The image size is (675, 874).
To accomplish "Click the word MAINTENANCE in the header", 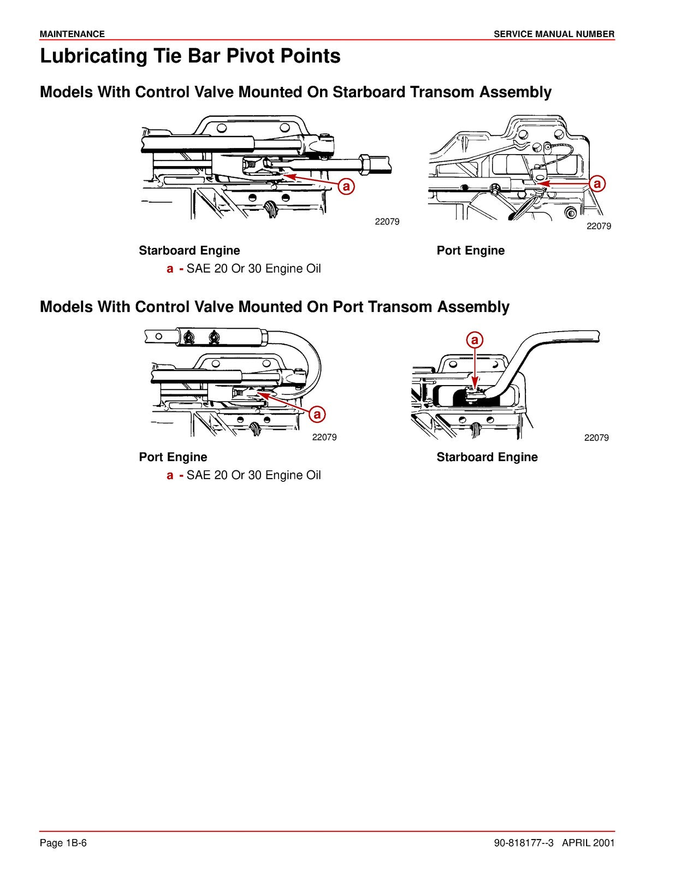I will pyautogui.click(x=72, y=34).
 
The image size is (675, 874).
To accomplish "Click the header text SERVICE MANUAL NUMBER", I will pyautogui.click(x=554, y=34).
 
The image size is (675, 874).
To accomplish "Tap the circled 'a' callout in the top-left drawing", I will pyautogui.click(x=346, y=186).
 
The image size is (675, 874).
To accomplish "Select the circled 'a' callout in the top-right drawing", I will pyautogui.click(x=597, y=184).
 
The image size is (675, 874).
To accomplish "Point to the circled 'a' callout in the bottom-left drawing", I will pyautogui.click(x=317, y=415).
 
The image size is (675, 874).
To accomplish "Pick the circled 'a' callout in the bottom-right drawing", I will pyautogui.click(x=475, y=340).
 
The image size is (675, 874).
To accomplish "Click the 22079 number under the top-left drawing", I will pyautogui.click(x=387, y=222).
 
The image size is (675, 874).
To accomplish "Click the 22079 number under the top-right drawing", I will pyautogui.click(x=599, y=226).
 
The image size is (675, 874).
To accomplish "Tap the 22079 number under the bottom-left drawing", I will pyautogui.click(x=324, y=437).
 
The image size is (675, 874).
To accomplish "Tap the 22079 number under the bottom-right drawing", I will pyautogui.click(x=596, y=438).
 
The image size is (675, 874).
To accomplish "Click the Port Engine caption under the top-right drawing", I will pyautogui.click(x=470, y=251).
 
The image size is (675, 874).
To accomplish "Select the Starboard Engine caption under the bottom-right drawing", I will pyautogui.click(x=487, y=457).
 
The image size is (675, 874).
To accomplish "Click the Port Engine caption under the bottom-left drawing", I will pyautogui.click(x=173, y=457).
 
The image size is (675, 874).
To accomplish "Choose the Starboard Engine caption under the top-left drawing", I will pyautogui.click(x=189, y=251).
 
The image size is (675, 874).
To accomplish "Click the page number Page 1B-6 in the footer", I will pyautogui.click(x=63, y=843).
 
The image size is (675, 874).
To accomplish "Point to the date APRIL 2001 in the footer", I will pyautogui.click(x=588, y=843).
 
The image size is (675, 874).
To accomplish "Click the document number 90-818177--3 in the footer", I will pyautogui.click(x=524, y=843).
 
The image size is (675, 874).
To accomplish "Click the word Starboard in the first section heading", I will pyautogui.click(x=369, y=92).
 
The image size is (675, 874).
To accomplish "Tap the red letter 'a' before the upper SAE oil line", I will pyautogui.click(x=170, y=269).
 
